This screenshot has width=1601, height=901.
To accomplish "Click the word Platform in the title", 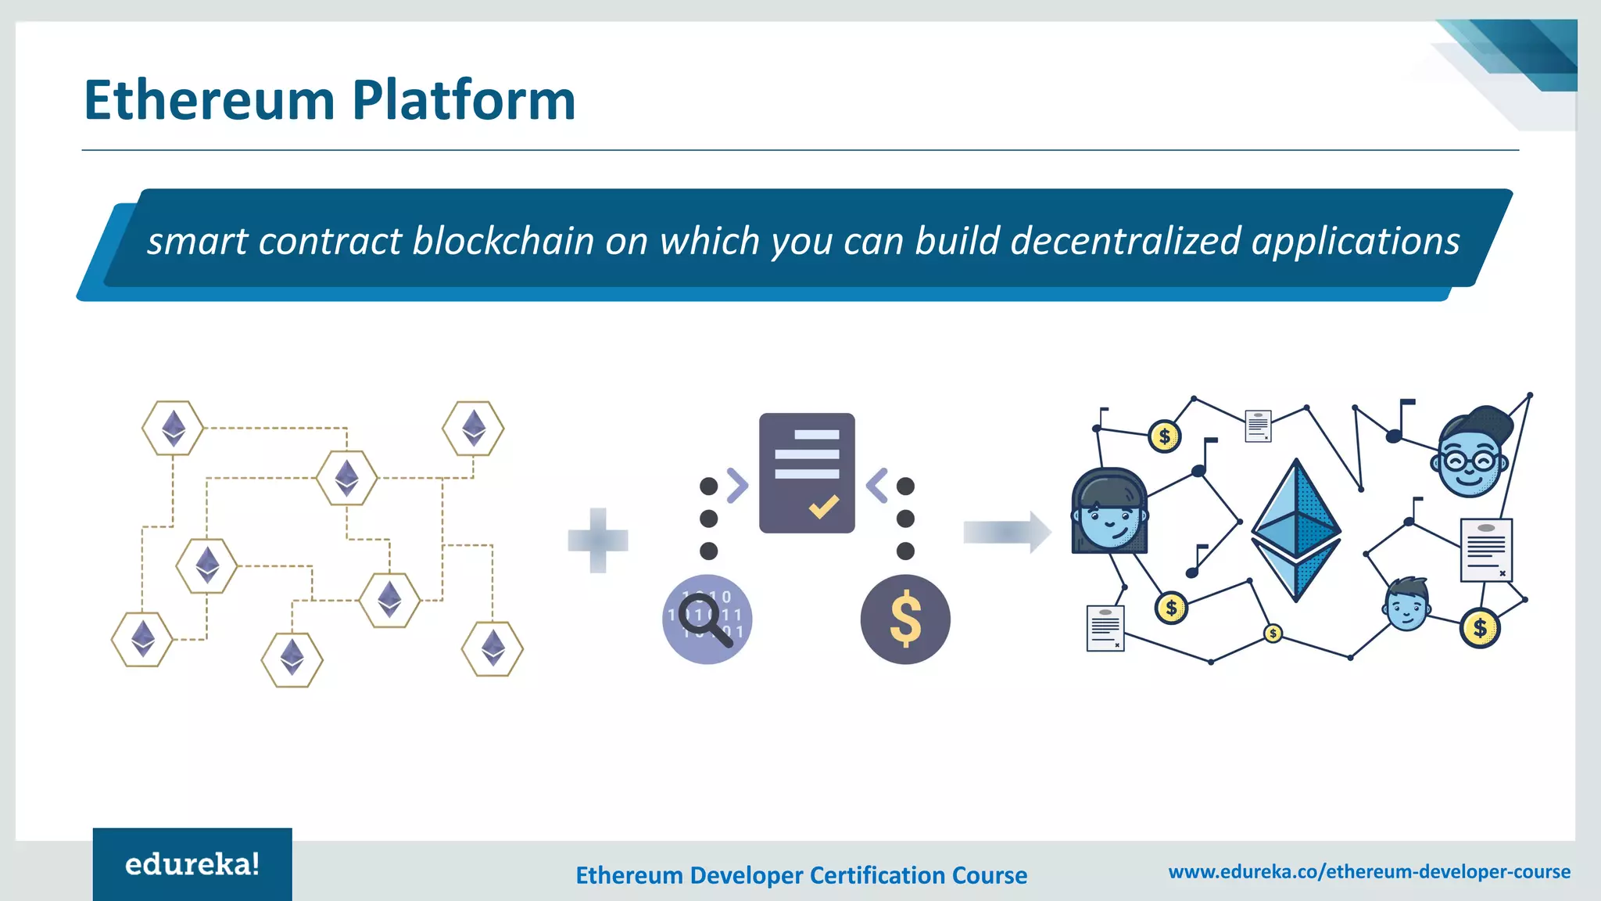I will pyautogui.click(x=464, y=102).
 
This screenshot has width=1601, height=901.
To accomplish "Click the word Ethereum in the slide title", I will pyautogui.click(x=210, y=102).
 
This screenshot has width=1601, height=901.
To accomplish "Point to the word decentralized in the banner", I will pyautogui.click(x=1126, y=241).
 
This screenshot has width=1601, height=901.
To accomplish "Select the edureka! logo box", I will pyautogui.click(x=192, y=863).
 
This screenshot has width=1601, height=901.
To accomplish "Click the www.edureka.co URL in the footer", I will pyautogui.click(x=1369, y=871).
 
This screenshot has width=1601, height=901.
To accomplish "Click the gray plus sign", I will pyautogui.click(x=598, y=540).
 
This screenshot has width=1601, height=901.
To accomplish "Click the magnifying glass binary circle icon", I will pyautogui.click(x=707, y=619).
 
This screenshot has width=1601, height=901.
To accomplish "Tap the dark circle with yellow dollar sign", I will pyautogui.click(x=905, y=619).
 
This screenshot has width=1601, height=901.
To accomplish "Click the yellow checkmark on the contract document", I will pyautogui.click(x=823, y=508).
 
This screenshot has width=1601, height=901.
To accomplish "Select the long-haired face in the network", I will pyautogui.click(x=1109, y=512).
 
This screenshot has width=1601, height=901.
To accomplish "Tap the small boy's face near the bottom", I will pyautogui.click(x=1407, y=605).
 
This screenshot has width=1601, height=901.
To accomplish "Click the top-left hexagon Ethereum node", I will pyautogui.click(x=173, y=428).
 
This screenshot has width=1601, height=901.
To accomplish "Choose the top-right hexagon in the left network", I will pyautogui.click(x=473, y=428).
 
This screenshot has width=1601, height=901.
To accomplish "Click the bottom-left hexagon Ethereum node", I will pyautogui.click(x=142, y=639).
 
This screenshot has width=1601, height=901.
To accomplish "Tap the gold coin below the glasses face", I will pyautogui.click(x=1479, y=627).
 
